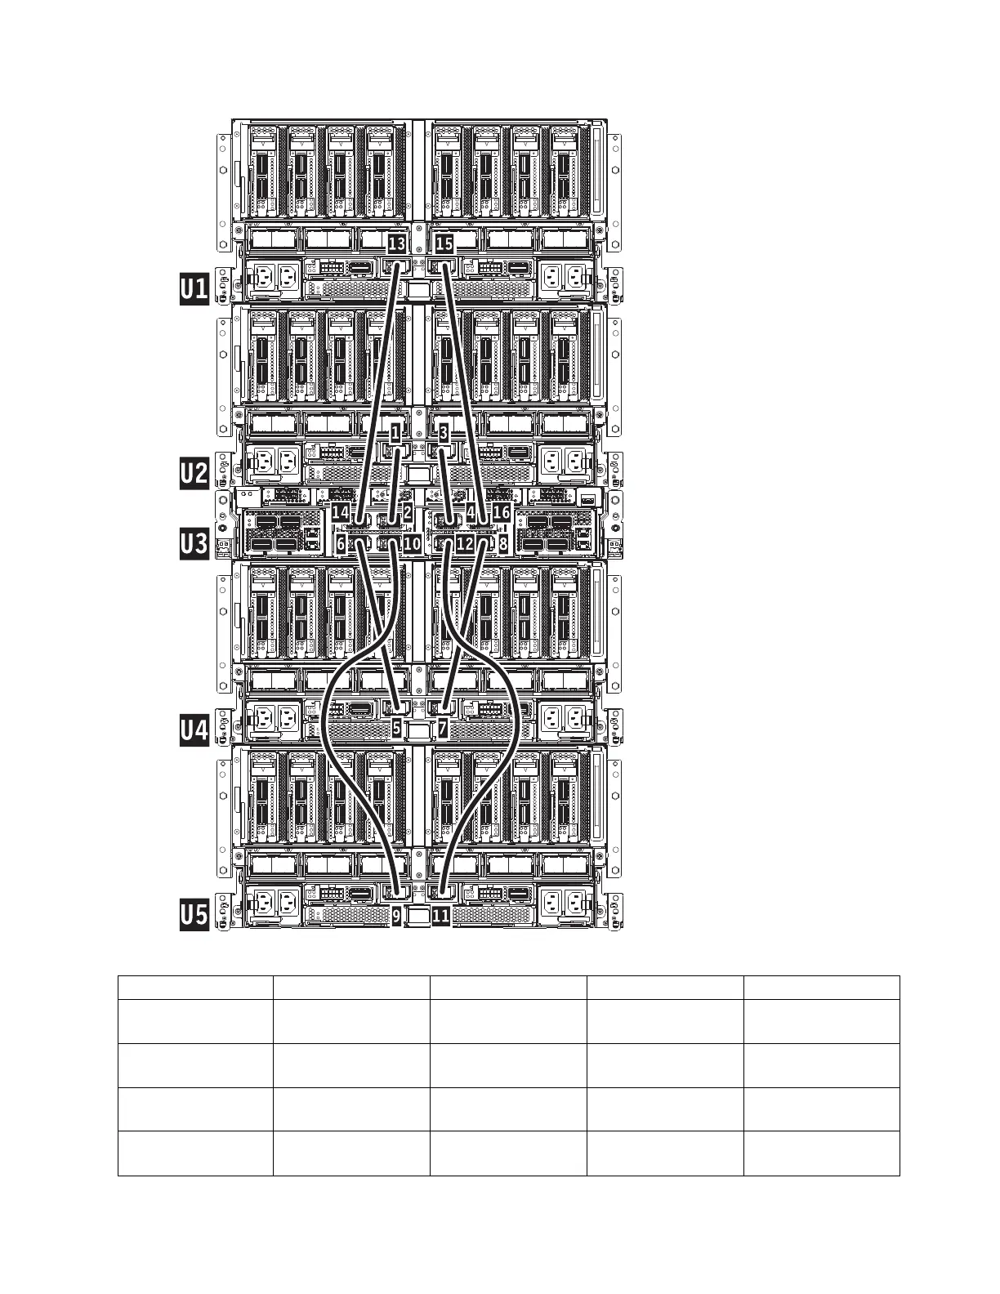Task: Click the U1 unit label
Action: pos(194,289)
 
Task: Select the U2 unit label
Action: pos(194,474)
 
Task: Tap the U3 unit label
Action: pos(194,544)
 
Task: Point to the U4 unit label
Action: pos(194,730)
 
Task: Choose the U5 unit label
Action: pos(194,915)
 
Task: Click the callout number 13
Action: pos(397,243)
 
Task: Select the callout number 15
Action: pos(444,243)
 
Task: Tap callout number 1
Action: pos(395,434)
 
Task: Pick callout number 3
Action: pos(443,434)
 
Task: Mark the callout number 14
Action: pos(341,511)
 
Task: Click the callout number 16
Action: pos(502,511)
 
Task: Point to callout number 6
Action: pos(341,543)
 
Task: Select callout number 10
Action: pos(412,543)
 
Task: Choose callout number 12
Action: pos(465,543)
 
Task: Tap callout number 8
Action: pos(503,543)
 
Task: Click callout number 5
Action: pos(397,728)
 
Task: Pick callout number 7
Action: pos(443,728)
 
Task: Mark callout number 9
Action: pos(397,916)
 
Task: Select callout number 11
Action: pos(441,916)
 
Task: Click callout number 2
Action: pos(408,511)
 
